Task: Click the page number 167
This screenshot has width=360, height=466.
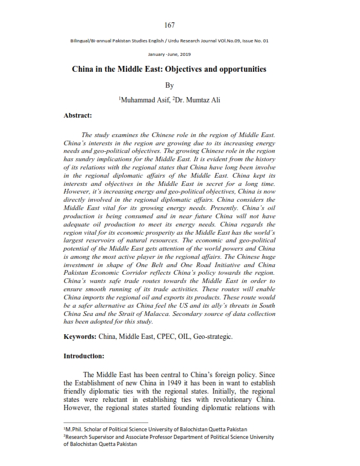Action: point(170,25)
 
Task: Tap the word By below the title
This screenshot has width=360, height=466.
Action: point(170,85)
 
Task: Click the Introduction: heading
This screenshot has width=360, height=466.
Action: point(84,356)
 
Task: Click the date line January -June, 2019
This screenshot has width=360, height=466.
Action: point(169,54)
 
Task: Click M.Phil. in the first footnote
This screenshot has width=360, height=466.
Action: point(76,430)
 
